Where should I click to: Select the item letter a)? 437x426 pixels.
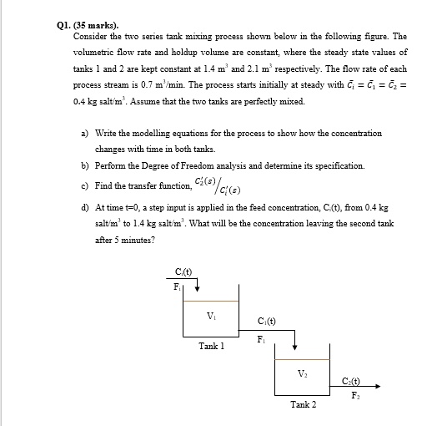(x=85, y=133)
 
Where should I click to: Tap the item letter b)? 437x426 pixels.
(x=85, y=165)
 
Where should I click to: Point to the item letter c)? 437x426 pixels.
(x=85, y=185)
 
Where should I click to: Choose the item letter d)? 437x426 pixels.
(x=85, y=207)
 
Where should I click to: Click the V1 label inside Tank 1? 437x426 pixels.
(x=209, y=315)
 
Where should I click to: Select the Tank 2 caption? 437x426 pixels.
(x=303, y=404)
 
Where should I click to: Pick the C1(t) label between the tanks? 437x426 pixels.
(x=267, y=321)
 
